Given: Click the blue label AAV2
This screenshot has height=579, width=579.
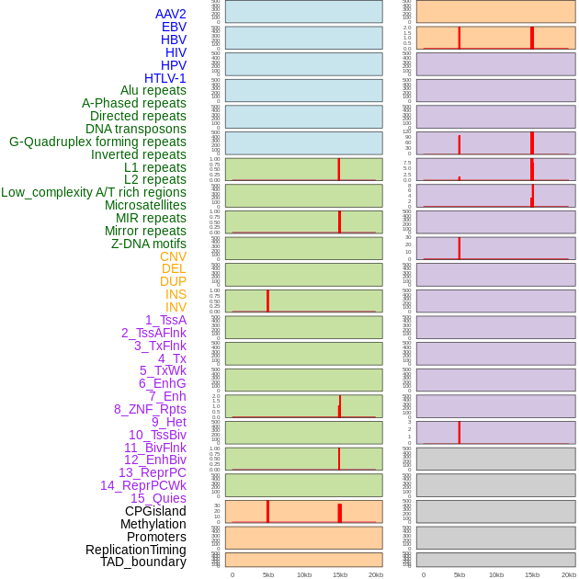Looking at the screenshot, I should click(171, 14).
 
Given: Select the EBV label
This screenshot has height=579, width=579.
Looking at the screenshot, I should click(174, 27).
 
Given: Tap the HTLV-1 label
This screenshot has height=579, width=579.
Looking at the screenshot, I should click(165, 78).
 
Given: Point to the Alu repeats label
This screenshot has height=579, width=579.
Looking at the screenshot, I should click(153, 91).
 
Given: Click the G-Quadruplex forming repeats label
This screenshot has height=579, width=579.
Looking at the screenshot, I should click(97, 142).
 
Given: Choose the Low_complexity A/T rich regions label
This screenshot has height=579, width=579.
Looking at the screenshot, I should click(94, 192).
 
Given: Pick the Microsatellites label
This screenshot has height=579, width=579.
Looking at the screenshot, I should click(145, 205).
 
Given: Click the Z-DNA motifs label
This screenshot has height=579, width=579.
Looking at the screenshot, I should click(149, 244).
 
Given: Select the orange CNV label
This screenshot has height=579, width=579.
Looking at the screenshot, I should click(173, 256).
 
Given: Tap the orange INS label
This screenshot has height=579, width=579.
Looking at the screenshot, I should click(176, 294).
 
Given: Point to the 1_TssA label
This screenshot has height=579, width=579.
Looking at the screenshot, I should click(165, 320).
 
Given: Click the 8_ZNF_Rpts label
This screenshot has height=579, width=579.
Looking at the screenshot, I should click(150, 409).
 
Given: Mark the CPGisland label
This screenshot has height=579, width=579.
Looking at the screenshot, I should click(155, 511).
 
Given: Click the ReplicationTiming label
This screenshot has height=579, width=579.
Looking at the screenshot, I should click(136, 550).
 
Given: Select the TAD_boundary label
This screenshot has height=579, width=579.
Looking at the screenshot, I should click(143, 562).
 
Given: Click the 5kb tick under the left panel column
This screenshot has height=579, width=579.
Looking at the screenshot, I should click(268, 574).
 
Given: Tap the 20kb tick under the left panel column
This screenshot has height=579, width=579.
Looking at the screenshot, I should click(376, 574).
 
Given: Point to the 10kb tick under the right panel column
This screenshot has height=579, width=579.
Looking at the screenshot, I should click(495, 574).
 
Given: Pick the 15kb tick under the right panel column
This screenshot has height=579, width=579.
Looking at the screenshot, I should click(532, 574).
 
